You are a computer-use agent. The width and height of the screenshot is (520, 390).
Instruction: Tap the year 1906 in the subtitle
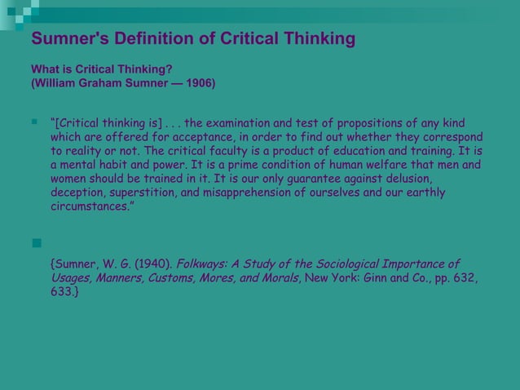tap(200, 83)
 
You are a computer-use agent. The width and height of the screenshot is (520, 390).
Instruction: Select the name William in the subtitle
tap(59, 83)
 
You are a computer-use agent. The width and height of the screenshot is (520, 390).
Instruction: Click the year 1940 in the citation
tap(152, 264)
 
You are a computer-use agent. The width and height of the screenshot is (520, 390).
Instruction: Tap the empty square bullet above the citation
tap(36, 242)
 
